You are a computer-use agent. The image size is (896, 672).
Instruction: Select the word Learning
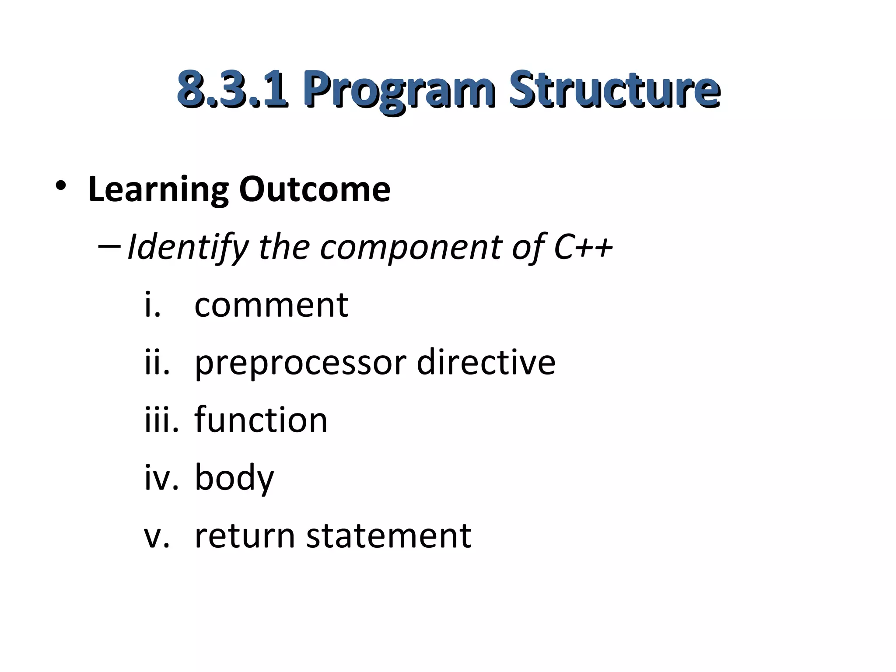(158, 189)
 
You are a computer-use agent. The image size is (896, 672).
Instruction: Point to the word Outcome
(315, 189)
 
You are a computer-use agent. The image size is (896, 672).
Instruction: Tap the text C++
(583, 247)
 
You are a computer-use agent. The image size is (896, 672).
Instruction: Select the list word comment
(271, 305)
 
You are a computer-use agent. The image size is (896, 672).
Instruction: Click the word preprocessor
(300, 363)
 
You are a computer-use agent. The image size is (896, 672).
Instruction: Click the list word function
(261, 420)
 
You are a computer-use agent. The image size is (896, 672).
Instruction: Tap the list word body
(234, 478)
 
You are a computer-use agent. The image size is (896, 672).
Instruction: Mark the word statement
(388, 535)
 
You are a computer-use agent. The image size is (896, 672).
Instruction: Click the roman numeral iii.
(161, 420)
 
